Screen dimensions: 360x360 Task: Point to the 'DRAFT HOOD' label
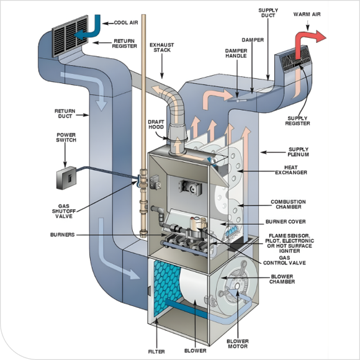coord(156,125)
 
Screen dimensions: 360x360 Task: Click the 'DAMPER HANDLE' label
coord(237,53)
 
